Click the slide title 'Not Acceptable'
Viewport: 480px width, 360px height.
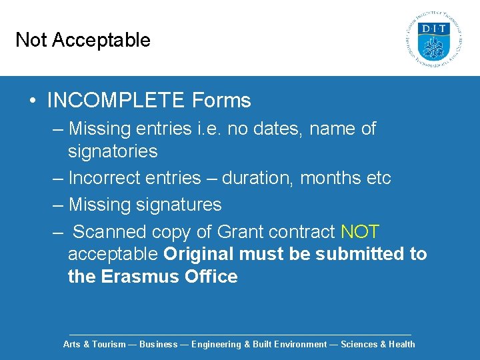(x=83, y=40)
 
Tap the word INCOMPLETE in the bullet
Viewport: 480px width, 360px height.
(x=117, y=101)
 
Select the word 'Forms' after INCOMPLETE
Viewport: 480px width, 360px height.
(x=221, y=101)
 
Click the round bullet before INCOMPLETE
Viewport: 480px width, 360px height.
(x=33, y=101)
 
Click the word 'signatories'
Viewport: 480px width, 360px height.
(x=113, y=151)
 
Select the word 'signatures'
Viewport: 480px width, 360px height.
(x=177, y=204)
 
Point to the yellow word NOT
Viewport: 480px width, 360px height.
(x=360, y=232)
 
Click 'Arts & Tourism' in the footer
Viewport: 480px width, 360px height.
(x=94, y=345)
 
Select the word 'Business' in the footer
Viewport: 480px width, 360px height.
(x=159, y=345)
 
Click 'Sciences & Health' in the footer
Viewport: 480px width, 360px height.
(x=378, y=345)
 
